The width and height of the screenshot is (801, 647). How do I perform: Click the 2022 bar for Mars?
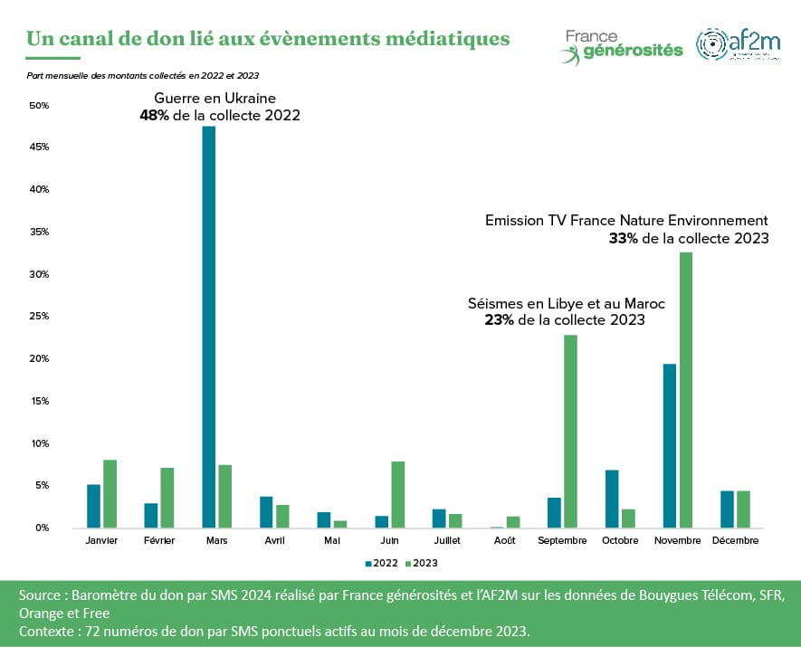pos(209,327)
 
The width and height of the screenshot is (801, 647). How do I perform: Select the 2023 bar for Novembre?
pos(686,390)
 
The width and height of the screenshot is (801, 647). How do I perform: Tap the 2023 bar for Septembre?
pos(570,431)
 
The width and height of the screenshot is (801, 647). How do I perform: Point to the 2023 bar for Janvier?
pos(110,493)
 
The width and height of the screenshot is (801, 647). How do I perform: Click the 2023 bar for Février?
pos(167,498)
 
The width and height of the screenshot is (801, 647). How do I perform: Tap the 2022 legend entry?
pos(380,563)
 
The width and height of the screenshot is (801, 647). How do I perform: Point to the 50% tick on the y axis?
pos(39,106)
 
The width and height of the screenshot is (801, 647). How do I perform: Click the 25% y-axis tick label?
pos(39,317)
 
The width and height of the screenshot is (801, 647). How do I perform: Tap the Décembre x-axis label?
pos(734,540)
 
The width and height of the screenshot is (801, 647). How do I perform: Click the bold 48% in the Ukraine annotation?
pos(154,116)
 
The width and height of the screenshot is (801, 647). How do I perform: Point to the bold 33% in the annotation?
pos(624,239)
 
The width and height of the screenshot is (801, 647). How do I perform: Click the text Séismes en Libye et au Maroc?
pos(566,304)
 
